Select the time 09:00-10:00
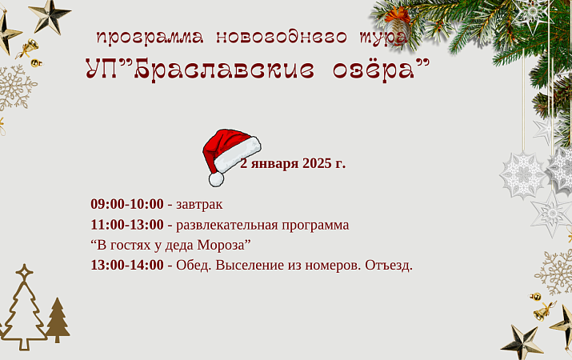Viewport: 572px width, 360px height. [126, 204]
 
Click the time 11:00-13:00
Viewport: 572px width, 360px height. [126, 225]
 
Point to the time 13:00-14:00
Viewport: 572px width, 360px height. [126, 265]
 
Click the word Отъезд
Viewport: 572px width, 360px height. [388, 265]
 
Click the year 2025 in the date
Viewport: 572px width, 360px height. [318, 164]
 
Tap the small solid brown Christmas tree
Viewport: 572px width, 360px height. [57, 319]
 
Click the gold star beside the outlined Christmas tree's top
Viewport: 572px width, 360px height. [24, 272]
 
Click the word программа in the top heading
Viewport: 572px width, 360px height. [147, 38]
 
